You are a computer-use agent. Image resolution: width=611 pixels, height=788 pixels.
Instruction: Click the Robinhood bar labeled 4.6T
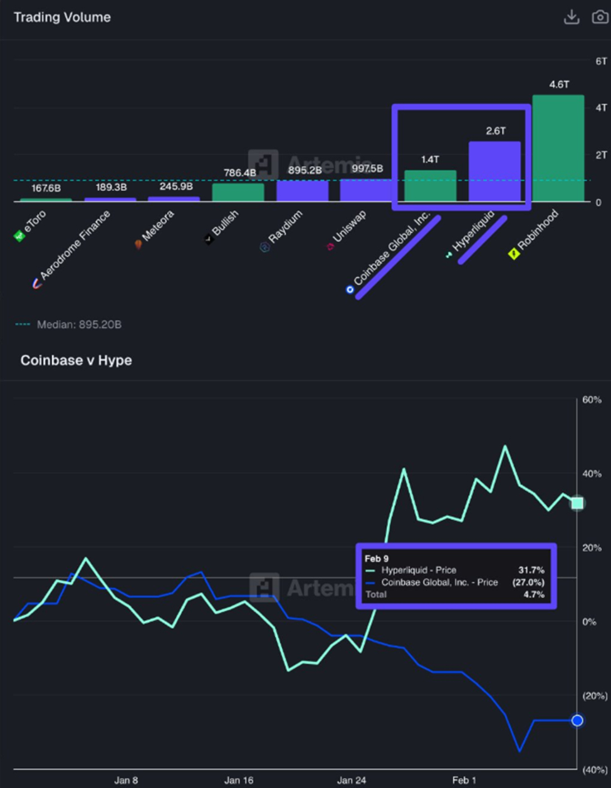(558, 148)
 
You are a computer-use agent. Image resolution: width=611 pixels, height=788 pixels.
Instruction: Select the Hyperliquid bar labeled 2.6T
(494, 172)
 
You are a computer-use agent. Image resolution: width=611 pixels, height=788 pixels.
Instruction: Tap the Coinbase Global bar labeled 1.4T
(430, 186)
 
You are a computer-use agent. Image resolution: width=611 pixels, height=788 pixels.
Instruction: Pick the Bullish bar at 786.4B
(238, 192)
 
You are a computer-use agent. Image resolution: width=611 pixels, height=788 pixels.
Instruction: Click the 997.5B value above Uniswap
(367, 169)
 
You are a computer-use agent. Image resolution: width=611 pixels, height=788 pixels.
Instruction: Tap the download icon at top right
(572, 17)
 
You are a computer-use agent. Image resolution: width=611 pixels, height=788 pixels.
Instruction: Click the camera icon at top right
(600, 17)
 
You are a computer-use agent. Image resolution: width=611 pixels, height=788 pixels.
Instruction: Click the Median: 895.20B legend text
(79, 324)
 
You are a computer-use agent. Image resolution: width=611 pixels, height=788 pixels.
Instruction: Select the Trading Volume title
(62, 18)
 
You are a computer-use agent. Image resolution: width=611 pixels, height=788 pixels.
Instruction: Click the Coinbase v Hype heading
(76, 360)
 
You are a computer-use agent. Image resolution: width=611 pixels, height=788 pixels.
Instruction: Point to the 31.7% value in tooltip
(531, 570)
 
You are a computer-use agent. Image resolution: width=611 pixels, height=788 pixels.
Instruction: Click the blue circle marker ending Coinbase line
(577, 720)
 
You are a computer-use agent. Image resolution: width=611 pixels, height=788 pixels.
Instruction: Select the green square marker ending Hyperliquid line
(577, 503)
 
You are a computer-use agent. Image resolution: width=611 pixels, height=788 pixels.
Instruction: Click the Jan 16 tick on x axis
(239, 780)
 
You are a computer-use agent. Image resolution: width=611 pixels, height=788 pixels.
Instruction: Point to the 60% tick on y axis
(592, 400)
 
